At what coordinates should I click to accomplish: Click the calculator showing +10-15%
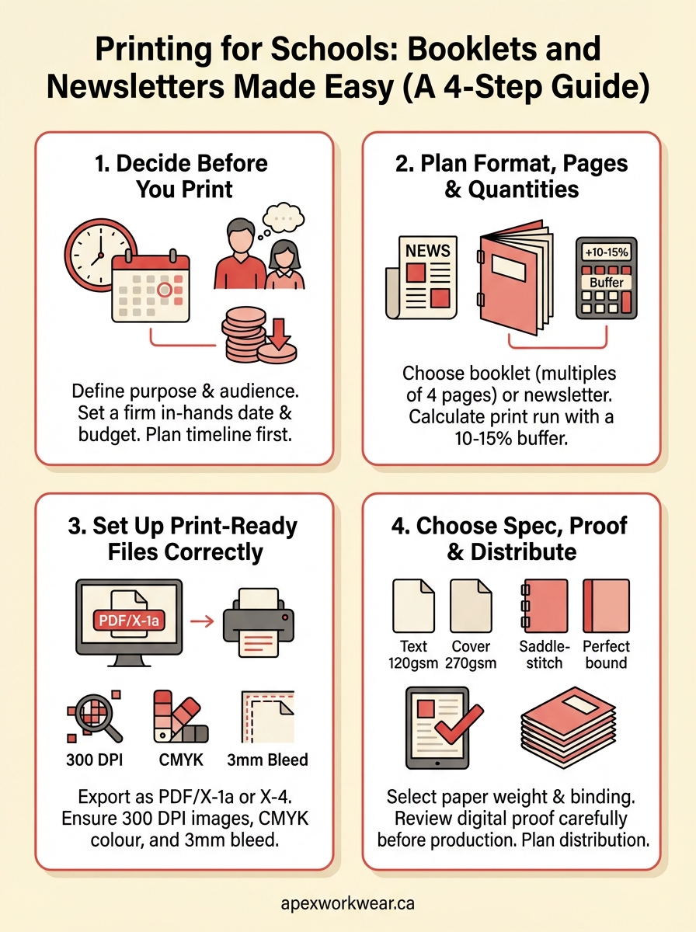point(606,278)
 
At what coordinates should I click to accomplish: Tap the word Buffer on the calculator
point(606,283)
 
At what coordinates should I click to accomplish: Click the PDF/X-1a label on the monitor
point(133,620)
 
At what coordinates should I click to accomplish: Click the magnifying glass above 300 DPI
point(96,718)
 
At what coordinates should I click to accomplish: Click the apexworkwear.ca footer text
point(347,904)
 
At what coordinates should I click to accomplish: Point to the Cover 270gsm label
point(471,654)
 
